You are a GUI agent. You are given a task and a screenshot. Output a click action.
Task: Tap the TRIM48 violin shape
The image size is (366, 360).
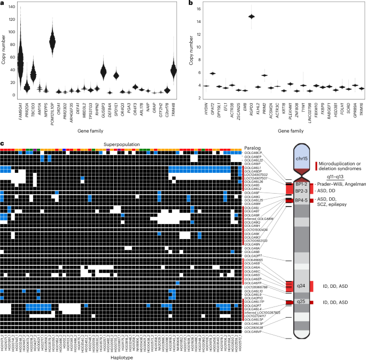click(x=173, y=70)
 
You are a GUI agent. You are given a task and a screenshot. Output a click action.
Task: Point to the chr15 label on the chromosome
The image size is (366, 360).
click(x=302, y=158)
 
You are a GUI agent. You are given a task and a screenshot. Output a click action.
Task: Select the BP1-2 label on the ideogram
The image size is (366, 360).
click(x=302, y=183)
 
